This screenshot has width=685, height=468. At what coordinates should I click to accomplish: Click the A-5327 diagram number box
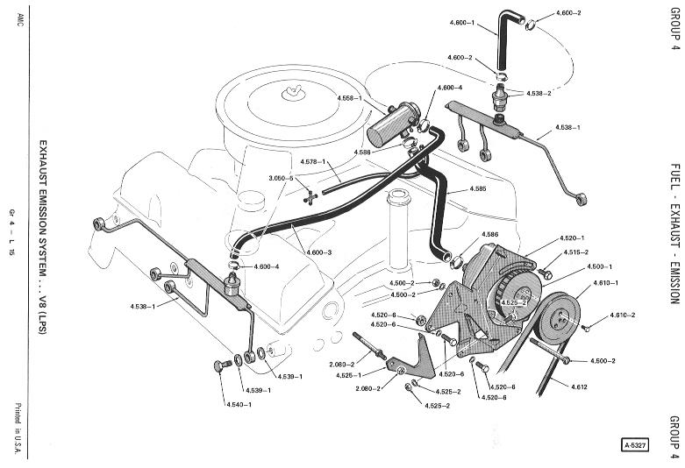[x=635, y=445]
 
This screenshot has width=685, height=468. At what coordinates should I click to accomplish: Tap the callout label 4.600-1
[x=461, y=22]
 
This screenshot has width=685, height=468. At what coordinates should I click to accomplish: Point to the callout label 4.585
[x=478, y=188]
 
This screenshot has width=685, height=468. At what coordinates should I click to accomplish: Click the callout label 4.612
[x=579, y=386]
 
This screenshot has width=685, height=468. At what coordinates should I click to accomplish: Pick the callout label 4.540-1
[x=239, y=404]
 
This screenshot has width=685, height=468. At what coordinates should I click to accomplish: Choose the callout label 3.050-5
[x=281, y=178]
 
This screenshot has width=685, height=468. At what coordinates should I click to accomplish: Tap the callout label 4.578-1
[x=313, y=161]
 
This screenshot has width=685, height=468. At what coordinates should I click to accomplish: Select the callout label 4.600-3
[x=319, y=252]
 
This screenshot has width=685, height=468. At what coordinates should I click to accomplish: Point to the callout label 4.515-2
[x=575, y=252]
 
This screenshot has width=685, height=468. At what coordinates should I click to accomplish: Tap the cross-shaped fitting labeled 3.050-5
[x=310, y=197]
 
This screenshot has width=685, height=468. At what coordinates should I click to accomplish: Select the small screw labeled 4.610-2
[x=585, y=328]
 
